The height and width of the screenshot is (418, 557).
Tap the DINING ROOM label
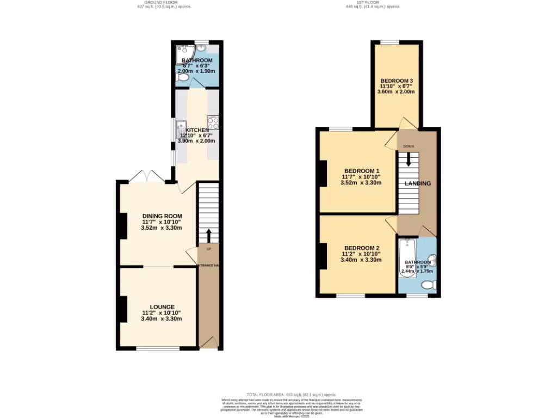pos(162,216)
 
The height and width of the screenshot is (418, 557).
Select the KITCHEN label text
pos(196,130)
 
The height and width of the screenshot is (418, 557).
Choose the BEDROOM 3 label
pos(396,80)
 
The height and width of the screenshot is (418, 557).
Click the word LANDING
pos(417,184)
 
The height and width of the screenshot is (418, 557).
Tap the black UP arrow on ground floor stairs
pos(209,236)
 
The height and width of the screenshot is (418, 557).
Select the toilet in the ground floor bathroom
pos(183,79)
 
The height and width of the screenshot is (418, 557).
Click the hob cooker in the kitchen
pos(213,122)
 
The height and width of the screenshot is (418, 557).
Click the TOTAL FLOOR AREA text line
pos(292,394)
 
